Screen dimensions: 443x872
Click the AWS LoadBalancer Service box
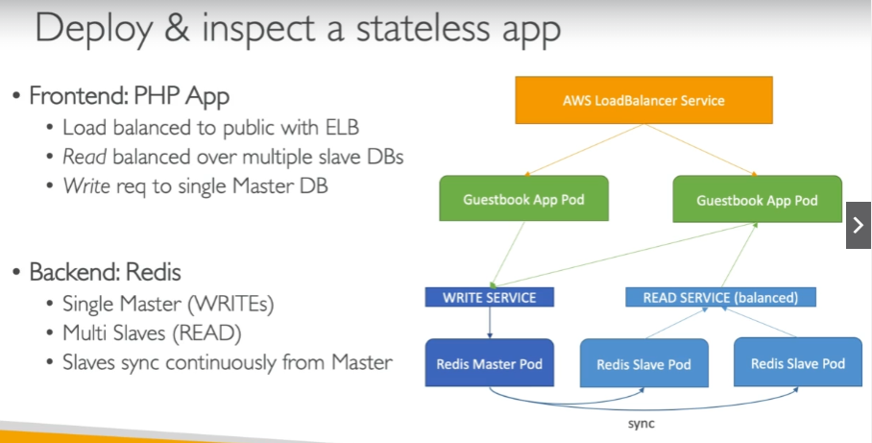pos(642,100)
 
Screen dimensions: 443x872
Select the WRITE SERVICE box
pos(489,297)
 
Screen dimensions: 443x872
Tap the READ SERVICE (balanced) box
pos(720,297)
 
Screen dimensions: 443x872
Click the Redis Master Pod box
pos(489,363)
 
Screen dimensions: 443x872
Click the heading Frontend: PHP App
pos(129,96)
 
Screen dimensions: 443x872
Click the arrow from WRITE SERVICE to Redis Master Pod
pos(489,322)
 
